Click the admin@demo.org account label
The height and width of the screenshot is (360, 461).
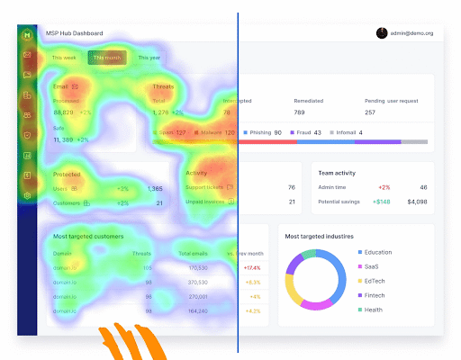click(x=413, y=33)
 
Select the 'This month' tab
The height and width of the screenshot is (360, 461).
click(x=106, y=58)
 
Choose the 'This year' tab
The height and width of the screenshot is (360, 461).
click(x=149, y=58)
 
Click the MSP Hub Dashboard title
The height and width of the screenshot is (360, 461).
click(x=74, y=33)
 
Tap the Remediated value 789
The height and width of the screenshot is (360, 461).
click(x=299, y=112)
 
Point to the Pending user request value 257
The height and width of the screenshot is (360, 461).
click(x=369, y=112)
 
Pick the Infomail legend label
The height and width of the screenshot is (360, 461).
click(x=344, y=132)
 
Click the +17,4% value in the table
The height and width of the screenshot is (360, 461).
click(x=251, y=267)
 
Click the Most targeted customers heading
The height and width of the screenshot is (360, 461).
click(x=88, y=236)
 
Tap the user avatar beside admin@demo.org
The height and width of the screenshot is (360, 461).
click(x=382, y=33)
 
